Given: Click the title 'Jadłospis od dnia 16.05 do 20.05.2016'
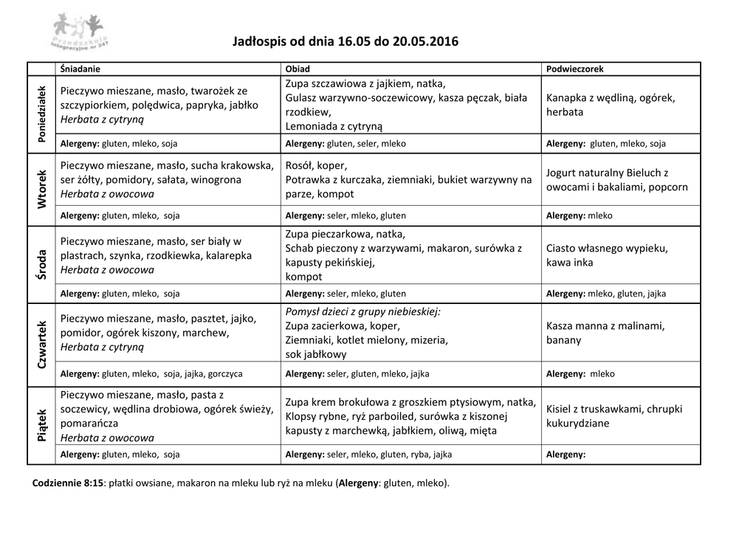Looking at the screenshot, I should (346, 42).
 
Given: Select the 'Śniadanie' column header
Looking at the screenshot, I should (80, 69).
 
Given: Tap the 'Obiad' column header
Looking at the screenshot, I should (298, 69).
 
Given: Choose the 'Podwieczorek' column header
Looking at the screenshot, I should (574, 69).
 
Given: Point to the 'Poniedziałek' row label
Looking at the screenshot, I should (42, 114).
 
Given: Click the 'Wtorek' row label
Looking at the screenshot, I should (42, 188).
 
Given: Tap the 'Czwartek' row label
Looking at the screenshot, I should (42, 344).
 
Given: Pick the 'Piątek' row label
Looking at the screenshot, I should (42, 426).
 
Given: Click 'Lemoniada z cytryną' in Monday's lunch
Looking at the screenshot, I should (334, 126).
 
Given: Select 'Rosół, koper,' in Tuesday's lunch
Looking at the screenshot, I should (316, 165).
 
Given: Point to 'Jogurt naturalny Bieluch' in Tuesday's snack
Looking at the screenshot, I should (607, 173).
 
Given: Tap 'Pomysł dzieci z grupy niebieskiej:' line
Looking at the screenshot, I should (362, 311).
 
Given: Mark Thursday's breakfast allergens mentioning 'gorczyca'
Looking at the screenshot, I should (151, 373).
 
